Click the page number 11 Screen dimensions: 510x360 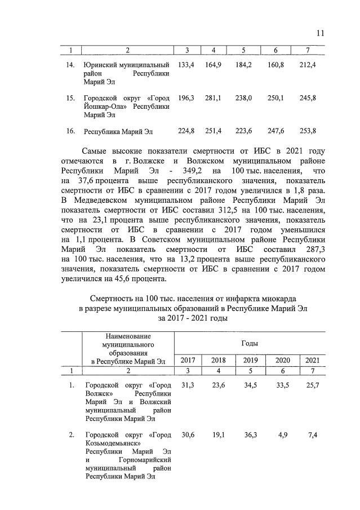[x=320, y=33]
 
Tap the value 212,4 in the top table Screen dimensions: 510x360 [x=308, y=65]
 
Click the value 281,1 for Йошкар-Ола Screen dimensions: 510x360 [x=213, y=98]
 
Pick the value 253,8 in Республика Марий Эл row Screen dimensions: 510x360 [x=308, y=131]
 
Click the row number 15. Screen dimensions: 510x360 [x=70, y=98]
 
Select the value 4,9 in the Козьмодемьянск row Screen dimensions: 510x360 [x=281, y=435]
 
